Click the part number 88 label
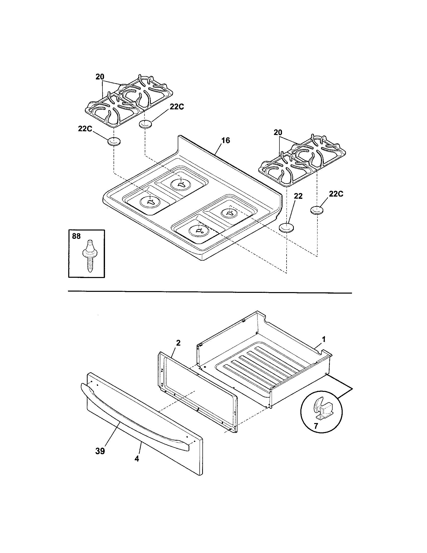click(x=76, y=236)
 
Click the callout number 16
click(x=225, y=140)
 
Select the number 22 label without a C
click(x=298, y=196)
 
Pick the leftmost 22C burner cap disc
click(x=114, y=142)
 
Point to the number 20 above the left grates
click(x=100, y=77)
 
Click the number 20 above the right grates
click(x=278, y=133)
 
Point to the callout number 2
click(x=178, y=343)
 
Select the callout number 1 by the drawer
click(x=324, y=339)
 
